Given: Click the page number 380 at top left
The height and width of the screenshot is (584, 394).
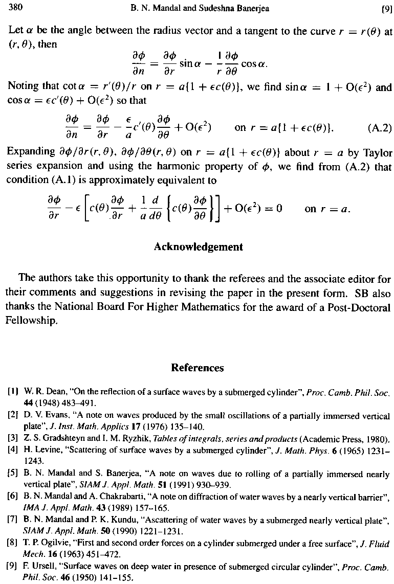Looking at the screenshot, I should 15,8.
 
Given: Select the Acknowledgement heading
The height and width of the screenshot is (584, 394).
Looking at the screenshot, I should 198,247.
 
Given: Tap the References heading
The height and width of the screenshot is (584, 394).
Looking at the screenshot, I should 197,368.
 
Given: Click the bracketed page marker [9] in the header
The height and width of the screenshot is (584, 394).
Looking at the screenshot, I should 386,8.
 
